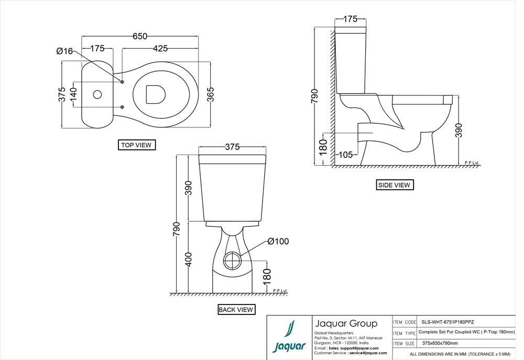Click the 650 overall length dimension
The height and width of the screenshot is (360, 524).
140,36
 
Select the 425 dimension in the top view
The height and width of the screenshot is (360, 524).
160,48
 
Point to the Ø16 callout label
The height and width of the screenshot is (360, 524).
64,51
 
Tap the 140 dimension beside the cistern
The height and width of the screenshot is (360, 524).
74,95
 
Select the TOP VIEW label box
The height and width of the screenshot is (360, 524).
137,145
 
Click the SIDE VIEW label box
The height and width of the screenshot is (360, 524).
395,185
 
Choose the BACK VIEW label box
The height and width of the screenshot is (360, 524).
236,310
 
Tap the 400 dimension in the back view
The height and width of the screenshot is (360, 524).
189,259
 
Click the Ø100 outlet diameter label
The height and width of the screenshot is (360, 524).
278,241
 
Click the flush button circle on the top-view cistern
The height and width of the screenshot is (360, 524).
97,95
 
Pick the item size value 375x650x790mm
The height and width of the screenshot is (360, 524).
440,343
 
